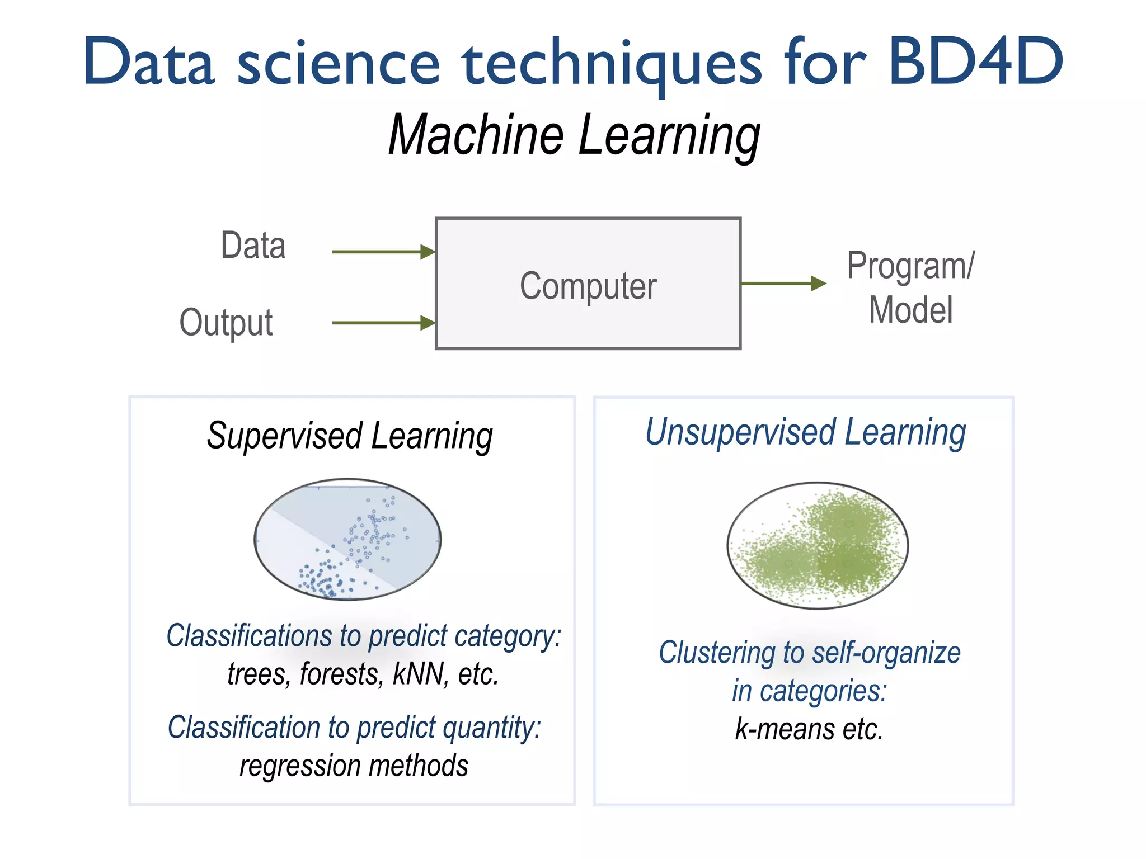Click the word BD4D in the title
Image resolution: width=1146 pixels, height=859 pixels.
(x=975, y=62)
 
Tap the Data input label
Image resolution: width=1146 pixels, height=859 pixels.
(x=253, y=246)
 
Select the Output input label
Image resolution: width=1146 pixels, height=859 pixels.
(x=226, y=323)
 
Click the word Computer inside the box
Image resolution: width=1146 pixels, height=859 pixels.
(x=588, y=286)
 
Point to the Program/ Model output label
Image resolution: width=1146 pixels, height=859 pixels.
(x=910, y=287)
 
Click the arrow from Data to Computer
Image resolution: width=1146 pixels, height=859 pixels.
(x=383, y=252)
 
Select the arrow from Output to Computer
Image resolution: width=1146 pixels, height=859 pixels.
(x=383, y=323)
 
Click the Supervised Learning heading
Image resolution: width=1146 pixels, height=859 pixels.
(x=350, y=436)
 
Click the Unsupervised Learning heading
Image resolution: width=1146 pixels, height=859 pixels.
(x=805, y=432)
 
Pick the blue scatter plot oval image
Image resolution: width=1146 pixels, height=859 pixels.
(x=347, y=539)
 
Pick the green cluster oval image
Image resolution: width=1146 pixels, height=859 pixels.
(x=818, y=545)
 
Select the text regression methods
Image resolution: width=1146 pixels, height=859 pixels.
(x=354, y=766)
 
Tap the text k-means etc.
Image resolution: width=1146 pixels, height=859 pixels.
(x=809, y=729)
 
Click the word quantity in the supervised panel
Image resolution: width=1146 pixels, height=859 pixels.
(x=490, y=728)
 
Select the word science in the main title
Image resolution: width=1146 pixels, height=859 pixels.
(x=339, y=63)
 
